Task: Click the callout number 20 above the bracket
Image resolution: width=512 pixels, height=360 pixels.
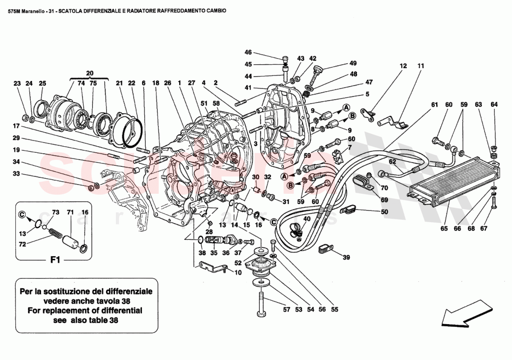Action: (89, 73)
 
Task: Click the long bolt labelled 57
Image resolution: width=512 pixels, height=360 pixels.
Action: (261, 306)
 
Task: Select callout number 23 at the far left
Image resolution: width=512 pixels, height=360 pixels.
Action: (17, 84)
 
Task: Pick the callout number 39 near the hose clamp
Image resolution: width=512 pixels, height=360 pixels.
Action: (345, 257)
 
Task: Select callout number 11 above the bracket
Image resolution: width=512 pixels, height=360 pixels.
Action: (421, 67)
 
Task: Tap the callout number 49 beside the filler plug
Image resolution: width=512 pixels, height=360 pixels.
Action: (352, 63)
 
